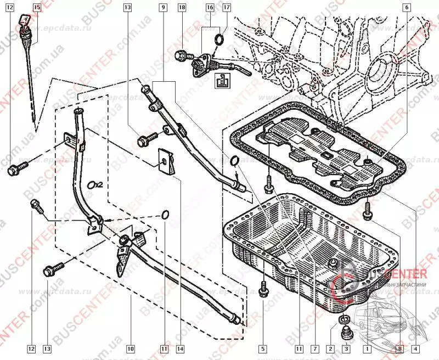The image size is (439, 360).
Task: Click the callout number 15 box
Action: (x=36, y=8)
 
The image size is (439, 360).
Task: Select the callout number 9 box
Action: (x=163, y=8)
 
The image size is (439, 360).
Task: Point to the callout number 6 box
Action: (x=407, y=8)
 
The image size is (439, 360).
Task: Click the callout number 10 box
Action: (x=130, y=348)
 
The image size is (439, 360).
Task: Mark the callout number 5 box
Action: (x=263, y=348)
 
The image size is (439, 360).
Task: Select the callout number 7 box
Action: (x=314, y=348)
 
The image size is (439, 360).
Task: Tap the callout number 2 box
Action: (x=330, y=348)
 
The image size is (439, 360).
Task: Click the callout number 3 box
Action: (x=346, y=348)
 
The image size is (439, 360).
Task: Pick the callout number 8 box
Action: (x=399, y=348)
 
